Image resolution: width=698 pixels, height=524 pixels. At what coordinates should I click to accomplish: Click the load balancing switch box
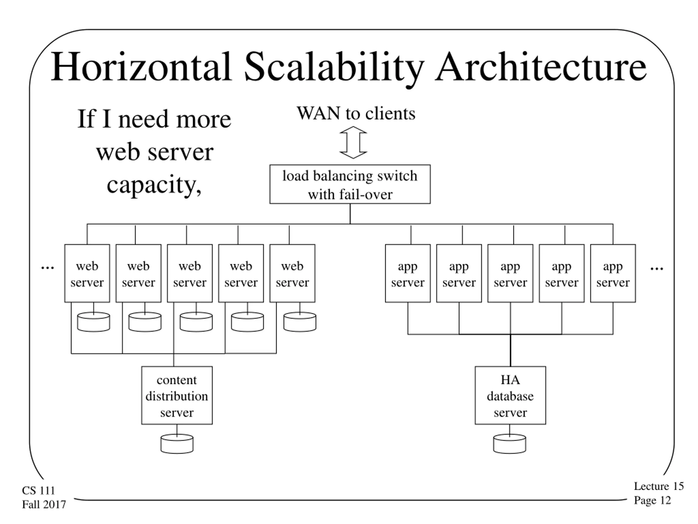350,184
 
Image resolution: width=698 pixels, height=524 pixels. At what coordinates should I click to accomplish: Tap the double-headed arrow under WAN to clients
353,142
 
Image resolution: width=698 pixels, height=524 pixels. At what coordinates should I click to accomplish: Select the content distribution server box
177,395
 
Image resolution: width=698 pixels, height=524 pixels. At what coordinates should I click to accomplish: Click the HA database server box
510,395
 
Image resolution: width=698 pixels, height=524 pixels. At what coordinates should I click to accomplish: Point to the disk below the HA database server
510,444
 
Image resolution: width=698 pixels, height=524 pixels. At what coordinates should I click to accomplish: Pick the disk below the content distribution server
177,444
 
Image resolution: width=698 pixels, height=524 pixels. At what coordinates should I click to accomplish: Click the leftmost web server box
87,273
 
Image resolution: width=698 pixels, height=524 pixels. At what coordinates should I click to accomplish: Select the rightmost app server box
613,273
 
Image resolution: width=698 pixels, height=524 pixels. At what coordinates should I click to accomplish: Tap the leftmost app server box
408,273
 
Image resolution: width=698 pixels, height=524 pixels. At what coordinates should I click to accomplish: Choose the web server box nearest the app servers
292,273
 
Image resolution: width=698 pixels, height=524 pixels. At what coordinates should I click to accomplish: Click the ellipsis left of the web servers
48,268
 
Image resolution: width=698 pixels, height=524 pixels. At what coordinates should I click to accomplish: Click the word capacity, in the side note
154,185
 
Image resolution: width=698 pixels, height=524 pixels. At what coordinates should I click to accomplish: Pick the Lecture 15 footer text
659,486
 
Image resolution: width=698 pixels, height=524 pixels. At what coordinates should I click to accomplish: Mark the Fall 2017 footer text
44,504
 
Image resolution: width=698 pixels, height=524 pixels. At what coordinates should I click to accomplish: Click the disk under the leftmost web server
94,322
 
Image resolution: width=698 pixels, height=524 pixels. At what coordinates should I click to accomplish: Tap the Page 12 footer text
652,500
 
